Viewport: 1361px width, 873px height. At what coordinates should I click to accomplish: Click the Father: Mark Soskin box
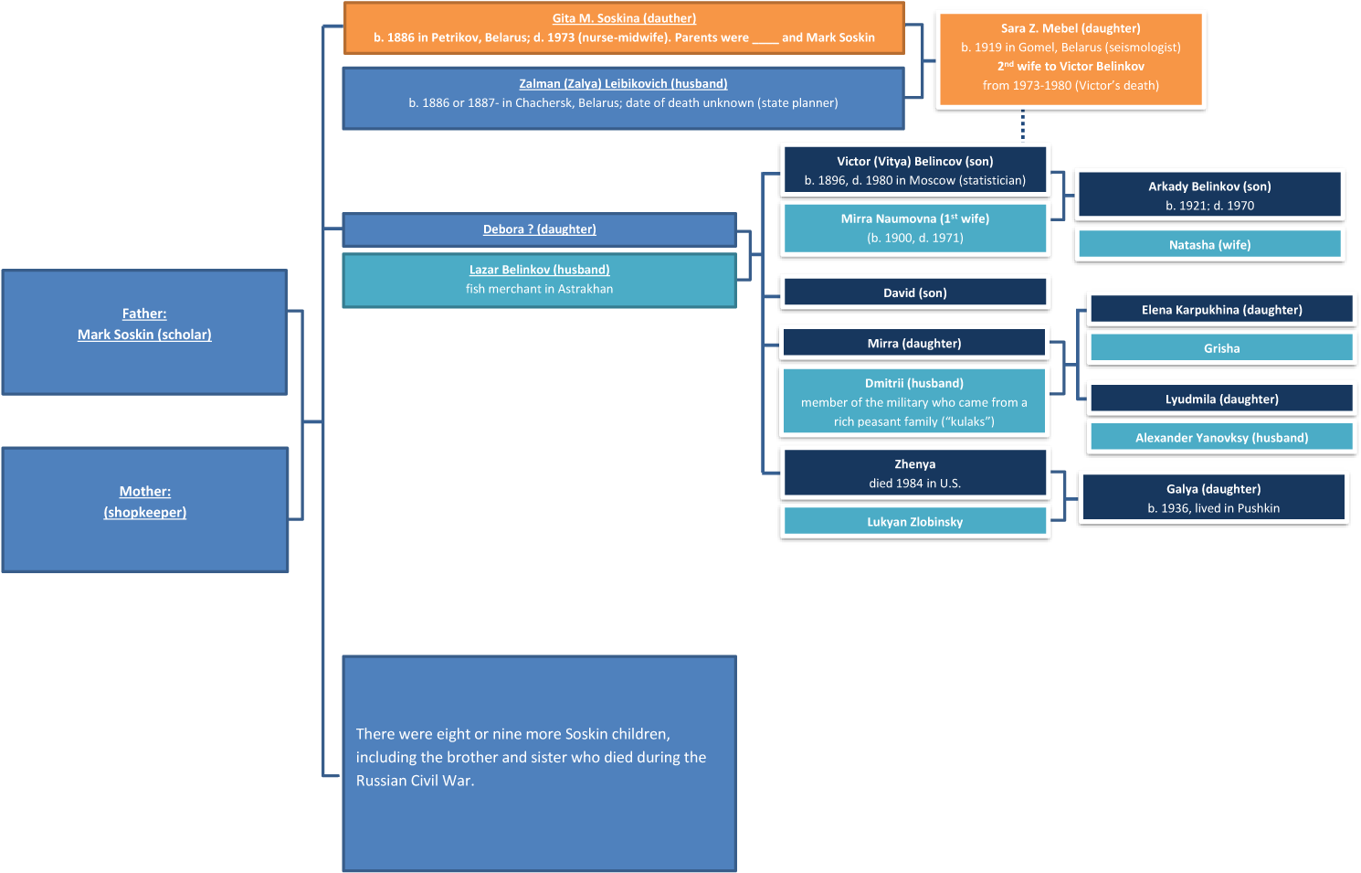[144, 332]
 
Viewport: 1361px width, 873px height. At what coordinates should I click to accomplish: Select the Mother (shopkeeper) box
[145, 509]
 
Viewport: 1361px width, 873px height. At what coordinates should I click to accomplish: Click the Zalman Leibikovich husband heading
[623, 83]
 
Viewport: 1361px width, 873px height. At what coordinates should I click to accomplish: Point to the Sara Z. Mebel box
[1071, 59]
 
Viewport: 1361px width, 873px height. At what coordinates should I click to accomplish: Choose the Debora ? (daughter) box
[539, 229]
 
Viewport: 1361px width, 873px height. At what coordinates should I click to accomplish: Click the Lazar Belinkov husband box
[539, 280]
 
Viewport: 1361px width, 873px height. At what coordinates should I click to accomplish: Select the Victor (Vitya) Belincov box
[914, 170]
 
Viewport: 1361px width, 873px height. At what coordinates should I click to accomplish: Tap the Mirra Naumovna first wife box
[914, 229]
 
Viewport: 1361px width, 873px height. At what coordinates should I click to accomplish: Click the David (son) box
[914, 293]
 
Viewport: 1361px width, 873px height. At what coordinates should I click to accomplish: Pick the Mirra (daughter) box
[914, 343]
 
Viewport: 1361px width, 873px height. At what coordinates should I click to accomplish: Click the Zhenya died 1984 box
[914, 473]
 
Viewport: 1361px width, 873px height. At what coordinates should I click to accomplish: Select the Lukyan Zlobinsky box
[914, 521]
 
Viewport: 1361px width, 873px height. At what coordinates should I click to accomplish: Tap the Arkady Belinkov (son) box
[1209, 195]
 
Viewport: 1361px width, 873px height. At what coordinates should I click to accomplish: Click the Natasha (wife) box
[1209, 244]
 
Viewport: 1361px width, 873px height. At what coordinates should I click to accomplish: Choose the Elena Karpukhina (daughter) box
[1221, 309]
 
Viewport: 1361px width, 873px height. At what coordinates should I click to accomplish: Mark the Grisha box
[1221, 348]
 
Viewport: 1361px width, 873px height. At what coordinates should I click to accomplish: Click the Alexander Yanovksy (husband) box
[1221, 437]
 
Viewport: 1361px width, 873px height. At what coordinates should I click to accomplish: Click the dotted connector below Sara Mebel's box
[1023, 125]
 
